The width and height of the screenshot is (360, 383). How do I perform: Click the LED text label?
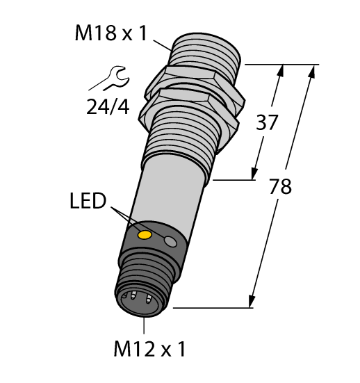click(x=89, y=203)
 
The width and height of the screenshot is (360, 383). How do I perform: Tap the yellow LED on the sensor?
click(x=145, y=236)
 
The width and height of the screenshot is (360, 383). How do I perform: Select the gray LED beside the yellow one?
click(x=170, y=241)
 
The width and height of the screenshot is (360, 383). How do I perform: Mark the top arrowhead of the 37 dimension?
click(x=282, y=69)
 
